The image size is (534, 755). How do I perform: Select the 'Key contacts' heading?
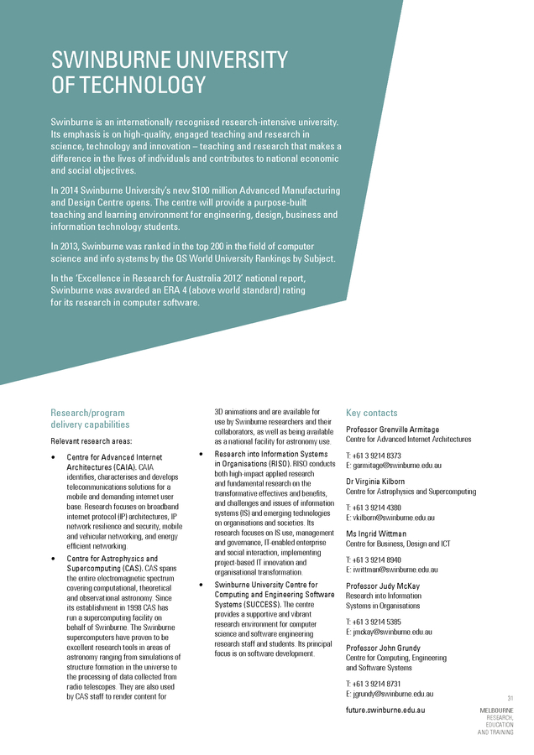[x=371, y=413]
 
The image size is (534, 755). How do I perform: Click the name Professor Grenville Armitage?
[x=392, y=430]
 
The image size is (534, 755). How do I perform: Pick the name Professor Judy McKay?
[x=383, y=586]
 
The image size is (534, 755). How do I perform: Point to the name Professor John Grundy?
[x=385, y=648]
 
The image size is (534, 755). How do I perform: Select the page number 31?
[x=510, y=698]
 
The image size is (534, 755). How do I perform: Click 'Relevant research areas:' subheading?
[x=92, y=440]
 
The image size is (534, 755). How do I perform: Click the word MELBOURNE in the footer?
[x=496, y=711]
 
